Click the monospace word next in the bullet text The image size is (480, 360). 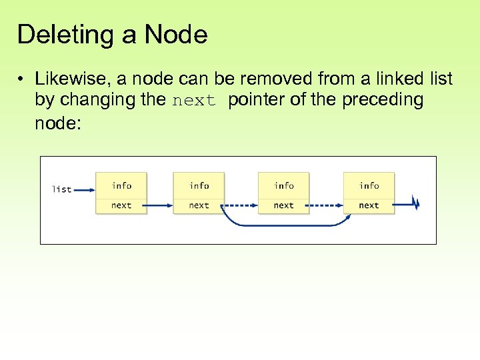click(195, 101)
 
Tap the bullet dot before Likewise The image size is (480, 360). click(22, 80)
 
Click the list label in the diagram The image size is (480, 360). click(62, 189)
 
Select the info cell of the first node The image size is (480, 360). click(121, 185)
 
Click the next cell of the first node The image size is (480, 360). click(121, 205)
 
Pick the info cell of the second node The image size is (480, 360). click(199, 185)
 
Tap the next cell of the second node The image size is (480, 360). click(199, 205)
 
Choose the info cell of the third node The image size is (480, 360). click(284, 185)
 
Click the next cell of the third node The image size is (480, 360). click(284, 205)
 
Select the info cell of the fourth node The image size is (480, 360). click(369, 185)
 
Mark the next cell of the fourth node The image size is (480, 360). click(369, 205)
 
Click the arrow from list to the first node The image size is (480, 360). click(83, 189)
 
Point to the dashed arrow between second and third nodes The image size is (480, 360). click(240, 205)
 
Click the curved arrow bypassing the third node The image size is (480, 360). click(283, 225)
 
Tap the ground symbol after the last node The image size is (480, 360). click(415, 203)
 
